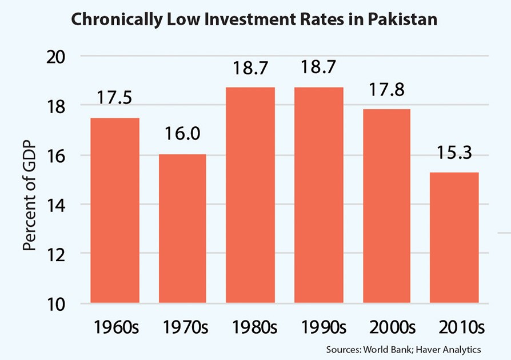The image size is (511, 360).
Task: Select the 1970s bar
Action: (x=182, y=229)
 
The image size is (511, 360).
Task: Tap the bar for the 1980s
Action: (x=250, y=195)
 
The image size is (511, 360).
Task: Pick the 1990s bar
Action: (x=318, y=195)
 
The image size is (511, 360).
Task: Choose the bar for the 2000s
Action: (x=386, y=206)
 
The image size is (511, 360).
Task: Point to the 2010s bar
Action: (x=454, y=237)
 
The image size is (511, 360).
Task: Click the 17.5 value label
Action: (x=114, y=97)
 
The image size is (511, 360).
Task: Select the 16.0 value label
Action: (x=182, y=134)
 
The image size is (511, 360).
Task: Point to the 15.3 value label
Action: (x=454, y=154)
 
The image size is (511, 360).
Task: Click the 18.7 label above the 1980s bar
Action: (x=250, y=69)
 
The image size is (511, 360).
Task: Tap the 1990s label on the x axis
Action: (x=318, y=327)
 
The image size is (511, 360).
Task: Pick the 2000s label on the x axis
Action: (x=386, y=327)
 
